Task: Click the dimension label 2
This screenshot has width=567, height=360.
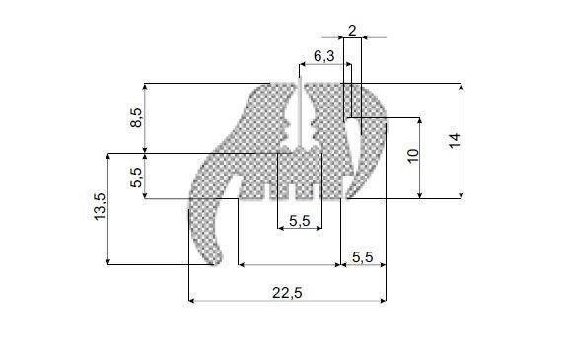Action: pos(352,31)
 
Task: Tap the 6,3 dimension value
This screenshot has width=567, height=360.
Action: pos(324,56)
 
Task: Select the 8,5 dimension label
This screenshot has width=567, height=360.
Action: pos(136,117)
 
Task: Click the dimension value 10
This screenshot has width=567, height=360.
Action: pos(412,156)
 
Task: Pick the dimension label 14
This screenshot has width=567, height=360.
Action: pos(454,140)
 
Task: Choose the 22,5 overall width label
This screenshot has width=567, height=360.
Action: pos(287,293)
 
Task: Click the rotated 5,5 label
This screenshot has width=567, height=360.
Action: pos(136,178)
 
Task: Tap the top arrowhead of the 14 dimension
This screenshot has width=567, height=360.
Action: pos(461,87)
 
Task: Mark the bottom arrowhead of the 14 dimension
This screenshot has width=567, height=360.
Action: pos(461,195)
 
